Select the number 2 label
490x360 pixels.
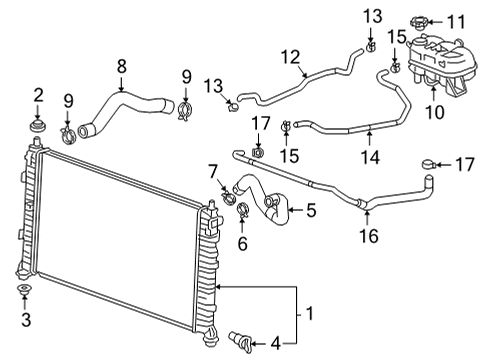coord(38,95)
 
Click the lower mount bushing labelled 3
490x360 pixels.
coord(25,291)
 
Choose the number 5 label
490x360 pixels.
coord(311,210)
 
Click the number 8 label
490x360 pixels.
coord(121,66)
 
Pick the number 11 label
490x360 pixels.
coord(457,21)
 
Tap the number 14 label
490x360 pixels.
coord(369,156)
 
